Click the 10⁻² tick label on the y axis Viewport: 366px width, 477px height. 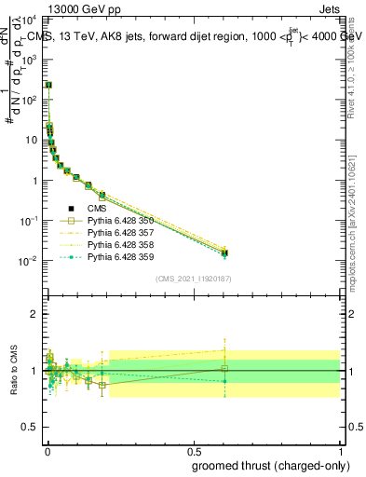pyautogui.click(x=32, y=261)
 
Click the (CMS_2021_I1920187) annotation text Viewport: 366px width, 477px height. pyautogui.click(x=193, y=279)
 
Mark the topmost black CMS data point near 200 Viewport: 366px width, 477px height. pyautogui.click(x=48, y=85)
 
